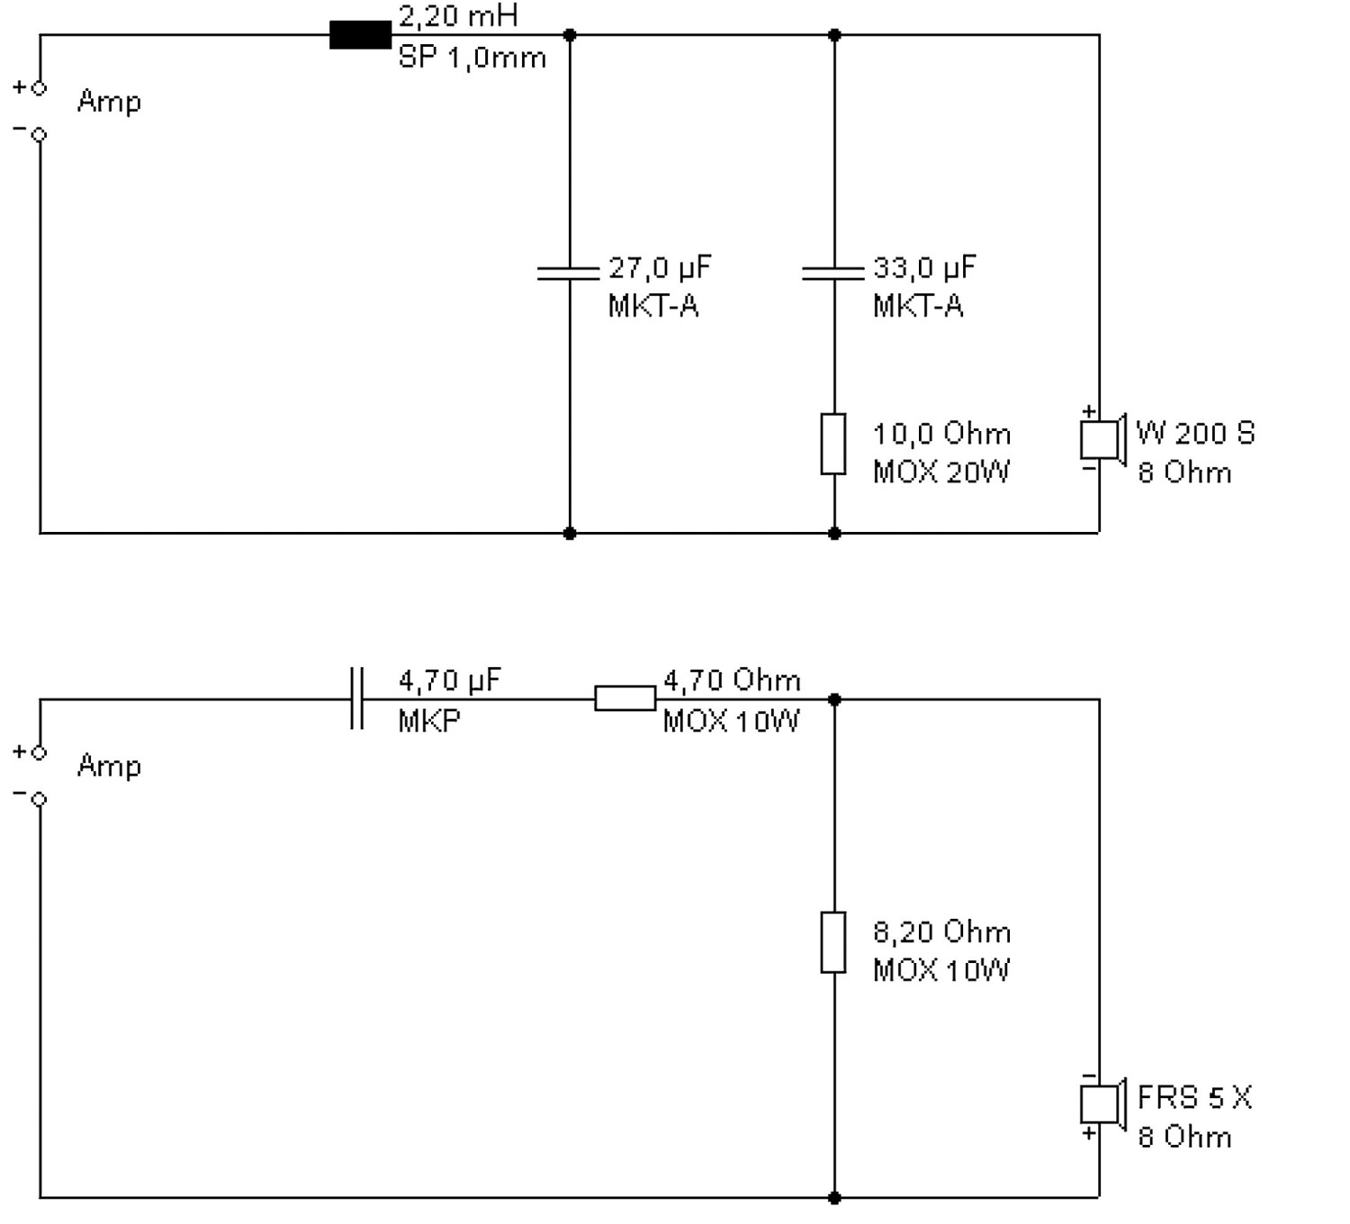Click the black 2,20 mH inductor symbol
pyautogui.click(x=360, y=35)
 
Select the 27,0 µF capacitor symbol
pyautogui.click(x=569, y=273)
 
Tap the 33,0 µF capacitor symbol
pyautogui.click(x=833, y=273)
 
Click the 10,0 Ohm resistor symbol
pyautogui.click(x=833, y=445)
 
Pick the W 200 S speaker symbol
pyautogui.click(x=1103, y=439)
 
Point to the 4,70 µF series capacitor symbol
pyautogui.click(x=356, y=698)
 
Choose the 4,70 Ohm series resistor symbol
pyautogui.click(x=625, y=698)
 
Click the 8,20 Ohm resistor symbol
pyautogui.click(x=833, y=942)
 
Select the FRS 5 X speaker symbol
pyautogui.click(x=1103, y=1104)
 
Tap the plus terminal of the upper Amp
pyautogui.click(x=39, y=87)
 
